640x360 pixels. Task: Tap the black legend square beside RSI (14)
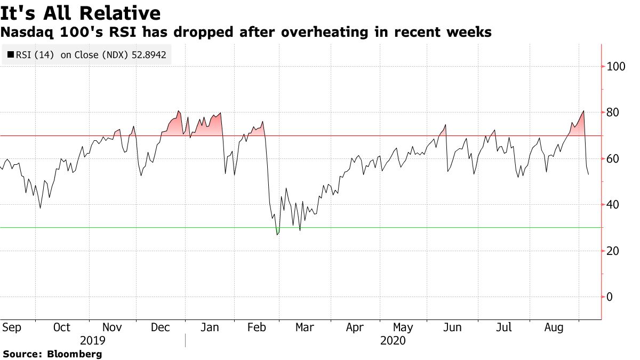point(10,54)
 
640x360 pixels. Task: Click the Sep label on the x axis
point(11,327)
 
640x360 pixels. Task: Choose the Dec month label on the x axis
point(161,327)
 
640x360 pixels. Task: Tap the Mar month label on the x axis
point(305,327)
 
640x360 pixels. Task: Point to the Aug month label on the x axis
point(554,327)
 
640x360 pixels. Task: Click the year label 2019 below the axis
point(92,340)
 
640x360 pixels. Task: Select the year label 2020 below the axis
point(393,340)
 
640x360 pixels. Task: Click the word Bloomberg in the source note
point(75,354)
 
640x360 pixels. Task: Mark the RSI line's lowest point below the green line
point(277,235)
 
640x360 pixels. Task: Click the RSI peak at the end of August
point(584,111)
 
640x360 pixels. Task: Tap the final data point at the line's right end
point(589,174)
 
